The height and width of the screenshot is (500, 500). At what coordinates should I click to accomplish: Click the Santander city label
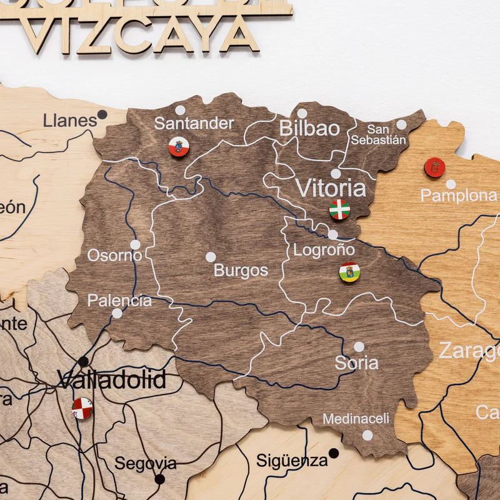pos(194,123)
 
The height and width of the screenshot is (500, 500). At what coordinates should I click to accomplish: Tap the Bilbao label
pos(309,129)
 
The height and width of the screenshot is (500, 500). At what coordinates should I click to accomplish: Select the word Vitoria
pos(331,187)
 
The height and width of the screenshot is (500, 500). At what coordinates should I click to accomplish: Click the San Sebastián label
pos(377,135)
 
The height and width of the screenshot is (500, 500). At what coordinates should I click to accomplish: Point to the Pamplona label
pos(458,196)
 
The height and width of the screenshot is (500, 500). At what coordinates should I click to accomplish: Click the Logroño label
pos(324,250)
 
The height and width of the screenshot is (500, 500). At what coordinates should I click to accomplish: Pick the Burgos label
pos(241,271)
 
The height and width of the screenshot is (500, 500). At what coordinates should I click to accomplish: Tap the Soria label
pos(356,363)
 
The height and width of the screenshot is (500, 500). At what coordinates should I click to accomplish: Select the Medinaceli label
pos(356,419)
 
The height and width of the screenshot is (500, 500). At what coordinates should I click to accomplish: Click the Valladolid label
pos(112,379)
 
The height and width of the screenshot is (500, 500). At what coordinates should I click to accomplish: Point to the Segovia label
pos(145,464)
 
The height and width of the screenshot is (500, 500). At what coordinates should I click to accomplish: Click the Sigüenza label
pos(292,461)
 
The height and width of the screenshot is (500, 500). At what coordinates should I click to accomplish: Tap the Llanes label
pos(69,121)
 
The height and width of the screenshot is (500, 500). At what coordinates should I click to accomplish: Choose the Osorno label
pos(114,255)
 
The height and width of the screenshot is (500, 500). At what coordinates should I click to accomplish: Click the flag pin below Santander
pos(179,147)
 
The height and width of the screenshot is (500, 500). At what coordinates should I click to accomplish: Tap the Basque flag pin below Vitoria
pos(339,209)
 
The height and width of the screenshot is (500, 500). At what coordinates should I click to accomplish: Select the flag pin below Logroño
pos(349,272)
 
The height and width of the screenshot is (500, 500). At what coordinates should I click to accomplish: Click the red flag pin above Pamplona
pos(434,167)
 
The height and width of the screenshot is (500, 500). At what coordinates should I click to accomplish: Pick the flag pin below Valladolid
pos(82,408)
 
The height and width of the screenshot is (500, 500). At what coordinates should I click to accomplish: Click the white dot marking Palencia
pos(117,313)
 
